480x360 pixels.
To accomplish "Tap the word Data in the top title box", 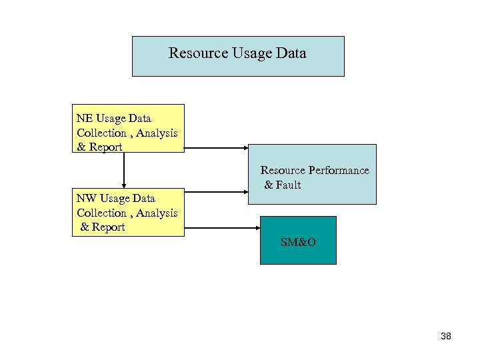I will (x=290, y=53).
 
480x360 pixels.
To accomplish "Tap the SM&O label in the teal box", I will (x=298, y=242).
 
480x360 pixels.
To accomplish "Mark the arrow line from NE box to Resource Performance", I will (x=213, y=148).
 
